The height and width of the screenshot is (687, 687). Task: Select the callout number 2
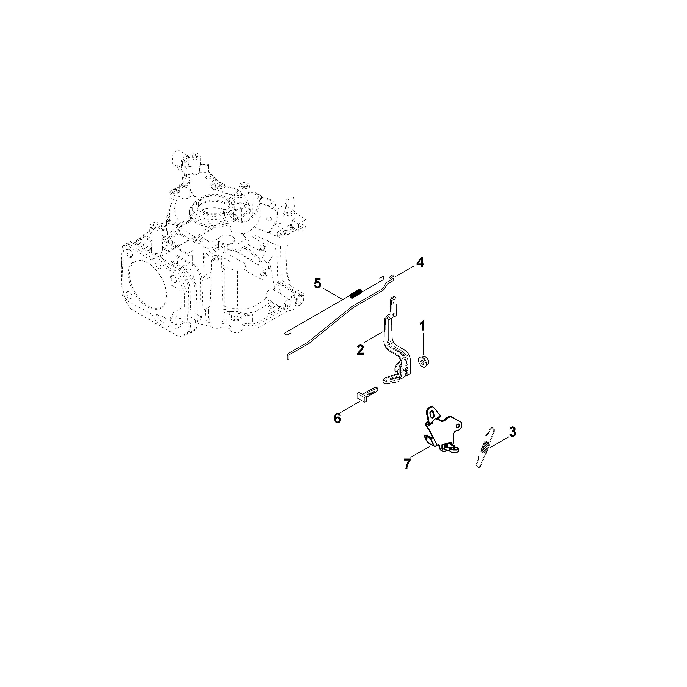click(x=360, y=349)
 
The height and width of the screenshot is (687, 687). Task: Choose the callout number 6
click(x=337, y=418)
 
